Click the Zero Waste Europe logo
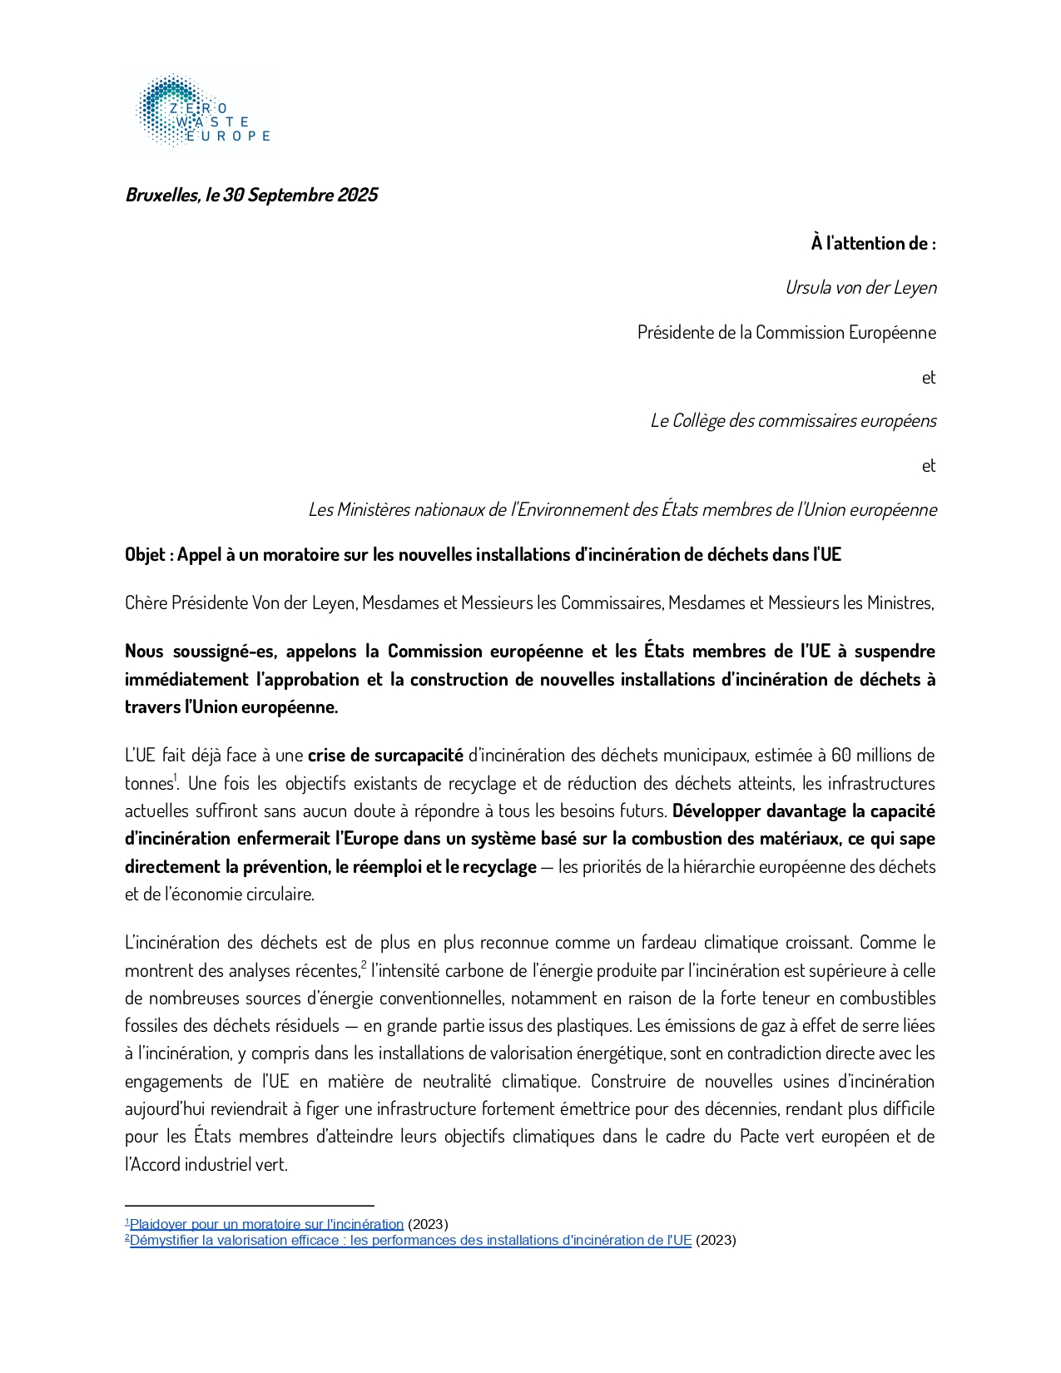point(202,113)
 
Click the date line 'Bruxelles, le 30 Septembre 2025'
point(251,195)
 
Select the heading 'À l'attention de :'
point(873,243)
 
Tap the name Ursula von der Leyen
point(860,287)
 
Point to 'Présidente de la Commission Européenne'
point(786,332)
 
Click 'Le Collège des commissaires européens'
point(793,420)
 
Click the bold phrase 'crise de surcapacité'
point(385,755)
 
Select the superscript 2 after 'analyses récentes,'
point(364,965)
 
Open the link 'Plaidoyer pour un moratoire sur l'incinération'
point(266,1224)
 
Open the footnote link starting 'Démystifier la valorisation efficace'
point(410,1240)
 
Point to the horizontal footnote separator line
point(250,1205)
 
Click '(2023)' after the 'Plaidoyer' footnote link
point(428,1224)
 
